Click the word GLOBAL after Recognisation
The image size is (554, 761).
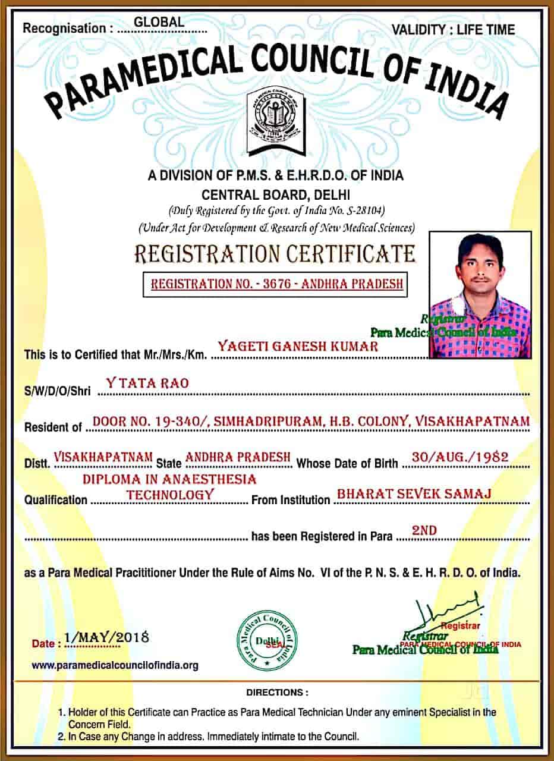(x=159, y=22)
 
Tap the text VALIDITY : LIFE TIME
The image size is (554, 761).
(x=454, y=29)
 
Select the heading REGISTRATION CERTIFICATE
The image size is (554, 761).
(x=275, y=254)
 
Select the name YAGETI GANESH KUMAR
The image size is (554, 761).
(x=298, y=346)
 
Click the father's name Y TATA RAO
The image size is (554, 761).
(x=147, y=383)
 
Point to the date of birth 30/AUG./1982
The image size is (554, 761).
(x=460, y=457)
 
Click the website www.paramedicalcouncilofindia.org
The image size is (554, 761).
(x=115, y=665)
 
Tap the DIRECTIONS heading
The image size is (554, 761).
(x=277, y=693)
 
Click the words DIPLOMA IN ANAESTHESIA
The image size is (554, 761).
(x=169, y=479)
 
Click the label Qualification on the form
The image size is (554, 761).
(x=55, y=499)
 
